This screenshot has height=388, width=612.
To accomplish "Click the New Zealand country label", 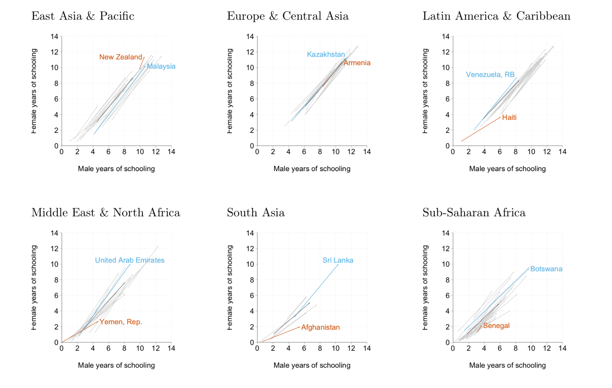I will (121, 57).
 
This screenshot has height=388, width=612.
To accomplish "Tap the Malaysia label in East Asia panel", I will (161, 66).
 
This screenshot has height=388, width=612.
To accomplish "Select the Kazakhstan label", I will (326, 54).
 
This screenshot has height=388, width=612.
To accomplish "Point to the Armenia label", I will (357, 63).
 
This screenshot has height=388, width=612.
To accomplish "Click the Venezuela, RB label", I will (490, 75).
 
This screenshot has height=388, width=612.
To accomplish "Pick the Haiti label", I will (509, 117).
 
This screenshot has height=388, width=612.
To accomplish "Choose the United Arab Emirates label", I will (130, 260).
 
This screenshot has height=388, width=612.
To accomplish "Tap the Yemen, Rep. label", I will (121, 322).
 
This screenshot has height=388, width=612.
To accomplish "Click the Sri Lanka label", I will (338, 260).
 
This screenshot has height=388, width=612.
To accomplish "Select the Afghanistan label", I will (320, 327).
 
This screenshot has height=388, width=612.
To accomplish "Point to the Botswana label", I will (546, 269).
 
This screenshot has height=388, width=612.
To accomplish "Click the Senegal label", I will (496, 326).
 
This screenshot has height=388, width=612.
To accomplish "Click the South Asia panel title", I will (256, 213).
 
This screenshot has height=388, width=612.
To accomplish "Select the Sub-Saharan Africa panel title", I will (474, 213).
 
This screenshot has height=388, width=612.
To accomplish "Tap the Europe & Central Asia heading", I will (288, 16).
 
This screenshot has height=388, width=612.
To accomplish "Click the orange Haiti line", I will (481, 129).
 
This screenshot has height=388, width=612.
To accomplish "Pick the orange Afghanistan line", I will (281, 334).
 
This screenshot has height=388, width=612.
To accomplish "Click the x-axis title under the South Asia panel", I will (312, 365).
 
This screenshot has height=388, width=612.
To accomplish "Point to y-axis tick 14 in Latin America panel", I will (445, 37).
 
